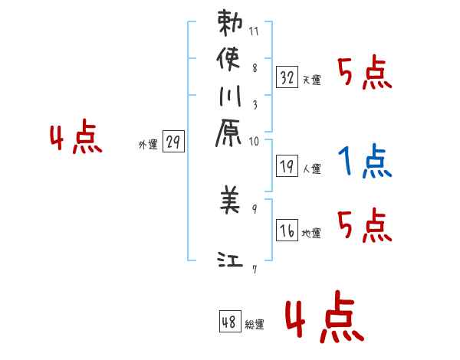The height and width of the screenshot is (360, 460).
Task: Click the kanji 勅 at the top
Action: pos(230,25)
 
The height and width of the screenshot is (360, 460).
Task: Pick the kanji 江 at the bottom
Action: pos(230,262)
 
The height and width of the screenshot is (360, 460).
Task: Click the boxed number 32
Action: pos(287,77)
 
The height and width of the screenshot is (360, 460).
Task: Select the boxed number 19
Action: pos(287,164)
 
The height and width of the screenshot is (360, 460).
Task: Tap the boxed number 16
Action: pos(287,231)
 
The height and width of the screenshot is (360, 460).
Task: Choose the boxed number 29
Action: pos(173,142)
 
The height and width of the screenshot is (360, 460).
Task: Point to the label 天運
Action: pos(311,80)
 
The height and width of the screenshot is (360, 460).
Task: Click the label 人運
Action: pos(311,166)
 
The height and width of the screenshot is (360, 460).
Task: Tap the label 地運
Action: pos(311,233)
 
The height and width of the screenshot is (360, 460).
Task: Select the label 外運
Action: pos(148,144)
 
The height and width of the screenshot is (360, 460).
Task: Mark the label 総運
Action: pos(255,324)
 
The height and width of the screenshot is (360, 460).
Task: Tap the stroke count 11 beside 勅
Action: pos(254,32)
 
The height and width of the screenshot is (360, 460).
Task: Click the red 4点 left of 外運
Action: pos(75,139)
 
